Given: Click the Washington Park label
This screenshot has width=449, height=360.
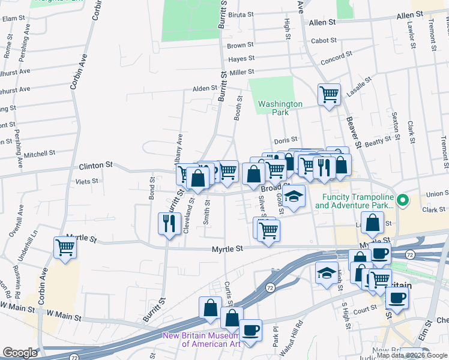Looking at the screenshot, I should pyautogui.click(x=280, y=108).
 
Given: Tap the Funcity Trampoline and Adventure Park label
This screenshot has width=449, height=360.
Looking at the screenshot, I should pyautogui.click(x=355, y=202).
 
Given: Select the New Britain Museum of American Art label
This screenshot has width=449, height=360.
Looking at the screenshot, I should pyautogui.click(x=202, y=340).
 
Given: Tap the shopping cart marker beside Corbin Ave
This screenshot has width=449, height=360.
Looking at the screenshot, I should pyautogui.click(x=65, y=247).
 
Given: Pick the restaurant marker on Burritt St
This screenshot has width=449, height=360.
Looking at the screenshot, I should pyautogui.click(x=169, y=224).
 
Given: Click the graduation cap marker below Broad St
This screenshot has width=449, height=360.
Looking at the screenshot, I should pyautogui.click(x=294, y=197).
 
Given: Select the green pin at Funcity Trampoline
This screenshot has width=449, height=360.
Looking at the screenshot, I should pyautogui.click(x=403, y=199).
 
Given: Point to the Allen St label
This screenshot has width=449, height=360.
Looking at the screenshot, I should pyautogui.click(x=322, y=22).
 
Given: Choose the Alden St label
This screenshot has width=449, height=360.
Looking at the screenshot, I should pyautogui.click(x=204, y=88).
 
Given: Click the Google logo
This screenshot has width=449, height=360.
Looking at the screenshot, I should pyautogui.click(x=20, y=352).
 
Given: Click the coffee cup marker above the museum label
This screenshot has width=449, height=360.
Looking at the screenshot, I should pyautogui.click(x=250, y=329).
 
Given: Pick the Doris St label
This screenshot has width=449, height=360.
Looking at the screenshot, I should pyautogui.click(x=286, y=140).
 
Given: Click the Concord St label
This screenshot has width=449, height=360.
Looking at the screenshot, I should pyautogui.click(x=336, y=58).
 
